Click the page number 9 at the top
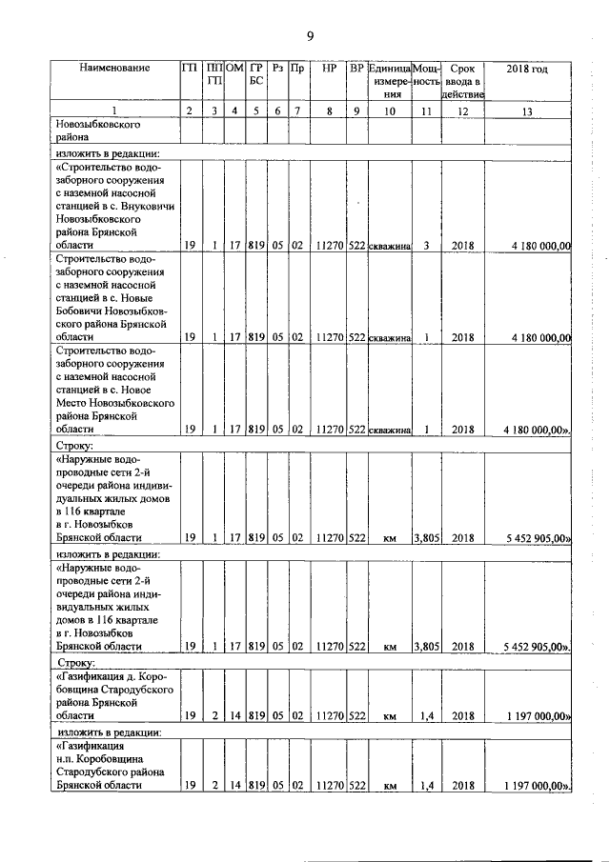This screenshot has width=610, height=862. (310, 36)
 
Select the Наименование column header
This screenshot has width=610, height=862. (114, 70)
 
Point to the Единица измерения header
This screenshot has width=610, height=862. (389, 82)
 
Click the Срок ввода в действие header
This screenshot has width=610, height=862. (462, 82)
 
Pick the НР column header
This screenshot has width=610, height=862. (328, 70)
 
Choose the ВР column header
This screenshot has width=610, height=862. (356, 70)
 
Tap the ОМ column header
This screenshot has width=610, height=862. (234, 70)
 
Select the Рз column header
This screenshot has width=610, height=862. (277, 70)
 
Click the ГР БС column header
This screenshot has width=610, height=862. (256, 76)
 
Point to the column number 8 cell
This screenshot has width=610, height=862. (328, 112)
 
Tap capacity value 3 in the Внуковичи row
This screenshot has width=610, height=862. (427, 245)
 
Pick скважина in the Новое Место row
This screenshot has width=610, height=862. (389, 430)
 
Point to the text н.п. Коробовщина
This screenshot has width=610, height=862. (113, 759)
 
